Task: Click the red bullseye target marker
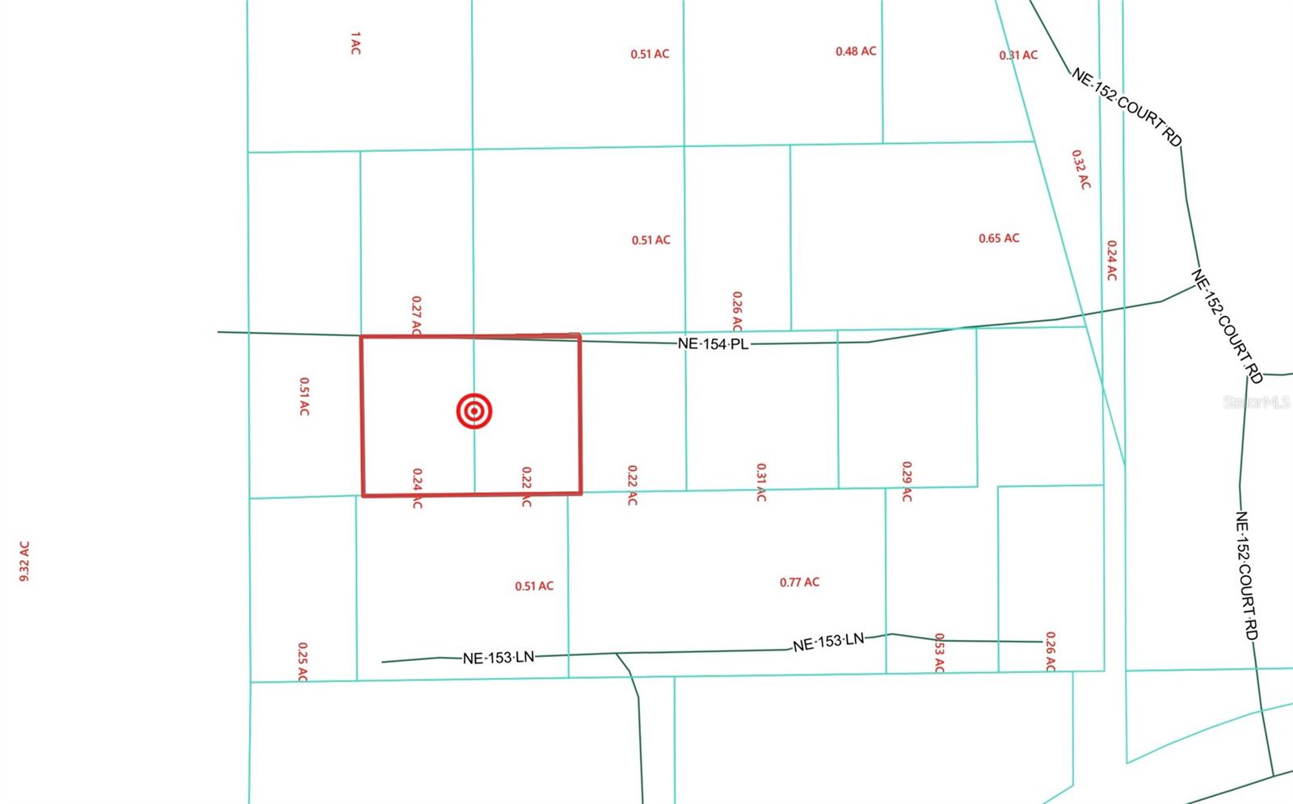click(x=474, y=411)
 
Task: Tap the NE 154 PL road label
click(x=713, y=343)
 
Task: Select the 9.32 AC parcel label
click(x=24, y=561)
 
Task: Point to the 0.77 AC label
click(x=799, y=582)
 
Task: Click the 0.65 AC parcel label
click(x=999, y=238)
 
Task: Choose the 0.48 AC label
click(x=856, y=51)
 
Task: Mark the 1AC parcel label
click(x=356, y=44)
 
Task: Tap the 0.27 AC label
click(x=416, y=316)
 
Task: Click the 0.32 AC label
click(x=1080, y=170)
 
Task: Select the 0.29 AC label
click(x=907, y=482)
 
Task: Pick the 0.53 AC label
click(x=939, y=652)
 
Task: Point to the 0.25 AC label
click(x=302, y=662)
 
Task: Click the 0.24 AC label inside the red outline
click(x=417, y=488)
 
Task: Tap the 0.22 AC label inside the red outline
click(x=526, y=486)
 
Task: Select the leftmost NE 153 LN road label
click(x=499, y=658)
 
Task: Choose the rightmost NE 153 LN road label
click(x=828, y=642)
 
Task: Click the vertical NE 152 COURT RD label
click(x=1246, y=575)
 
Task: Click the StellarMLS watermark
click(x=1256, y=402)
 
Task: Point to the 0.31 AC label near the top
click(x=1018, y=55)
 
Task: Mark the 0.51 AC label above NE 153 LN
click(x=534, y=586)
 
